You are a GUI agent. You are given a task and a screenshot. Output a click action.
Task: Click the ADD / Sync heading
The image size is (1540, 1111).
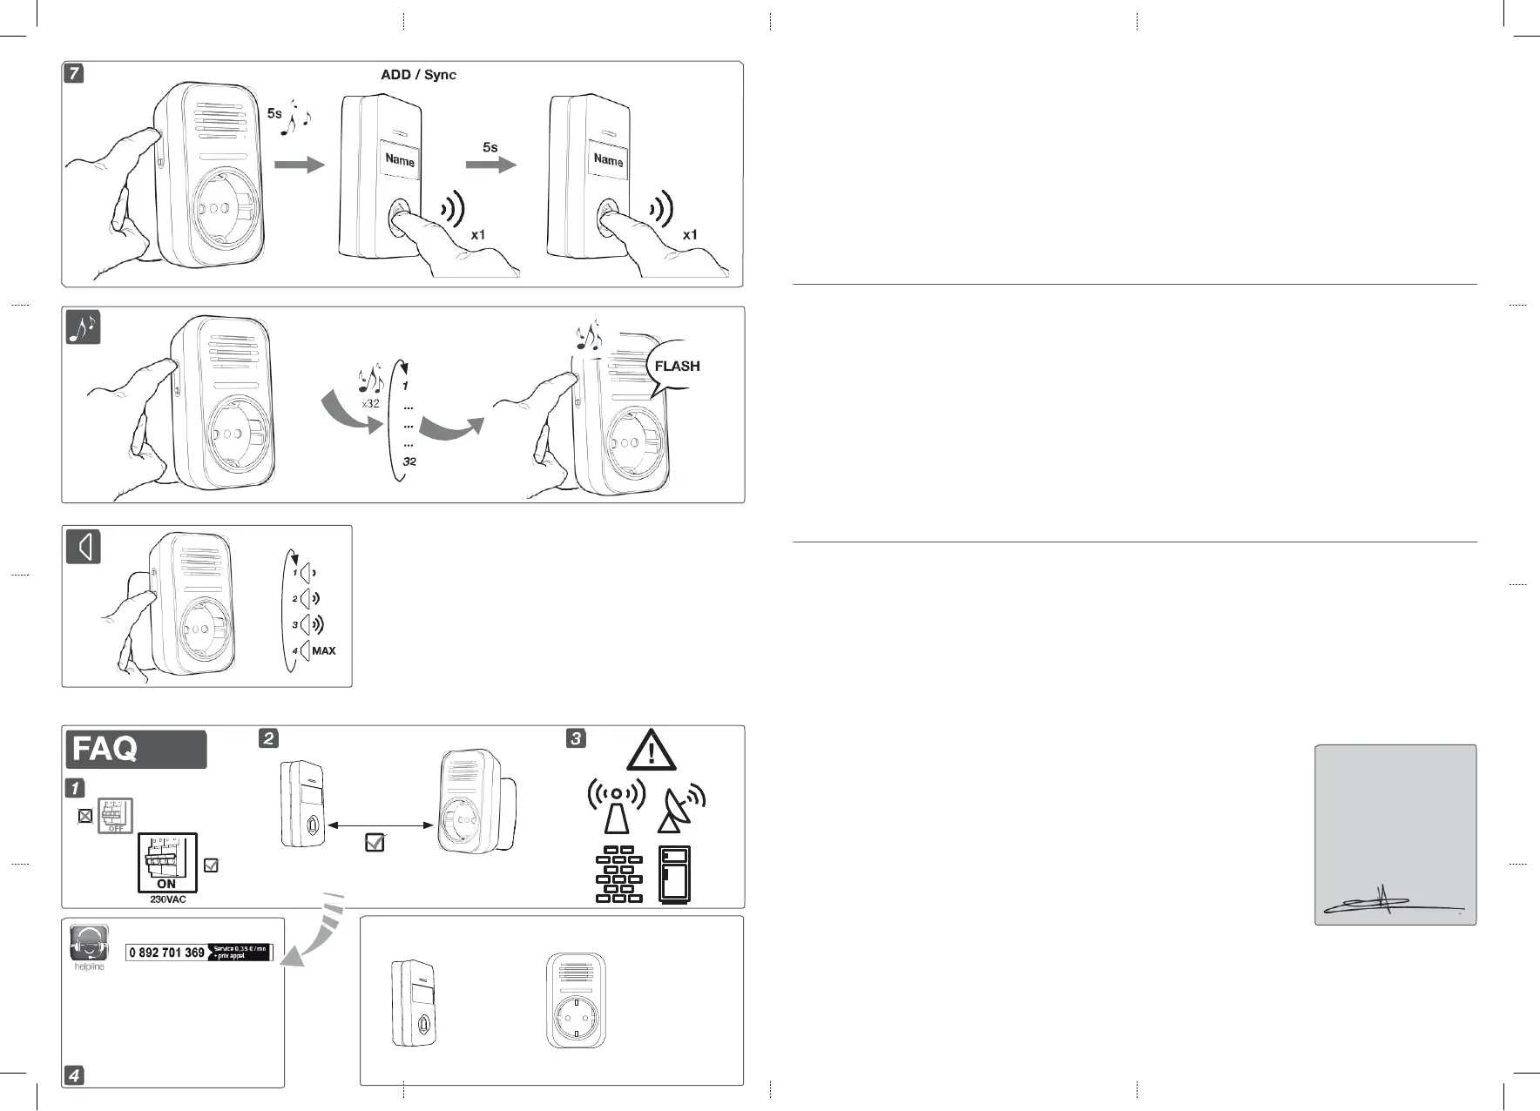(418, 75)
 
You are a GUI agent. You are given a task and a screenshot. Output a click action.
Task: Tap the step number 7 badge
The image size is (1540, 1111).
(75, 73)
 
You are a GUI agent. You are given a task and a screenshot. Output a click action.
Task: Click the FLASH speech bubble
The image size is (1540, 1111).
(677, 366)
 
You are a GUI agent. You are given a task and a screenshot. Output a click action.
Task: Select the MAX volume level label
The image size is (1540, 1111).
(323, 651)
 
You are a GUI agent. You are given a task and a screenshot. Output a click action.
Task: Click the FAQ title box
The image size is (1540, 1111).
(136, 749)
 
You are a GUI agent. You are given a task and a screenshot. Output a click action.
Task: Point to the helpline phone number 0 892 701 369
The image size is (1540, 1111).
(166, 953)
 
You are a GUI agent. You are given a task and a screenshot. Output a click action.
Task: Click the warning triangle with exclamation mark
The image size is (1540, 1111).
(651, 751)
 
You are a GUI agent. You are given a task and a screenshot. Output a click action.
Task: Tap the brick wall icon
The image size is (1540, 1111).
(619, 873)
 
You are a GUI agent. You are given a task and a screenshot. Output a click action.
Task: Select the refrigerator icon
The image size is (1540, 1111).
(675, 874)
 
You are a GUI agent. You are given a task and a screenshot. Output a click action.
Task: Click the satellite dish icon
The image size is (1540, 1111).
(680, 809)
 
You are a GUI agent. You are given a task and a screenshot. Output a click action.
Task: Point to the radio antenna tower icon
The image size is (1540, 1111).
(617, 806)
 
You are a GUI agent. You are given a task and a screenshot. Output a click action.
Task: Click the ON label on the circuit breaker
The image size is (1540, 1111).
(166, 884)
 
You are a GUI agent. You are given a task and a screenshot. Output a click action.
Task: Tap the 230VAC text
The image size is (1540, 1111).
(167, 899)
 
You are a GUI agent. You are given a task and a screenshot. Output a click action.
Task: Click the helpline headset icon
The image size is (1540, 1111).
(89, 943)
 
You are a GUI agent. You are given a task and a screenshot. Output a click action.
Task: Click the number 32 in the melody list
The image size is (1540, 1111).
(409, 461)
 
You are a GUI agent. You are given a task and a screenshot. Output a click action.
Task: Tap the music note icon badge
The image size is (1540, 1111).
(84, 327)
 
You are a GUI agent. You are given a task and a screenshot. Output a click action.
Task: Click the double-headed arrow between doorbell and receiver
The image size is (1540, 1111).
(383, 825)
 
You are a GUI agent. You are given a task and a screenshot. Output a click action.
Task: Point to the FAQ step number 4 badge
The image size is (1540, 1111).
(74, 1075)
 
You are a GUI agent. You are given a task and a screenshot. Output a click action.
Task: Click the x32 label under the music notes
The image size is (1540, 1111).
(371, 404)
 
